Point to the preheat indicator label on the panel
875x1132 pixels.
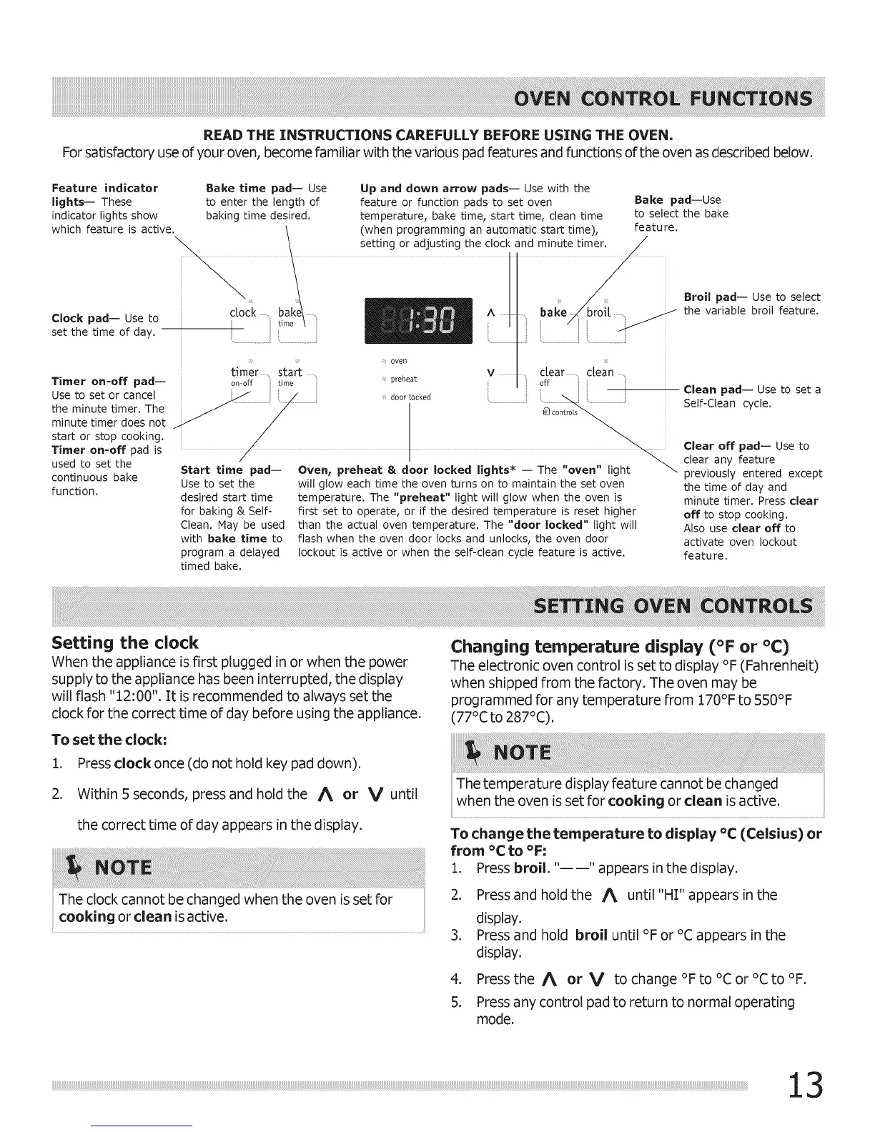tap(403, 379)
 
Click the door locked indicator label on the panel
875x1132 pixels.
tap(410, 397)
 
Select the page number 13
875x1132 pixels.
tap(805, 1086)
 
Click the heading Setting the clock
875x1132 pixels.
tap(125, 642)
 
